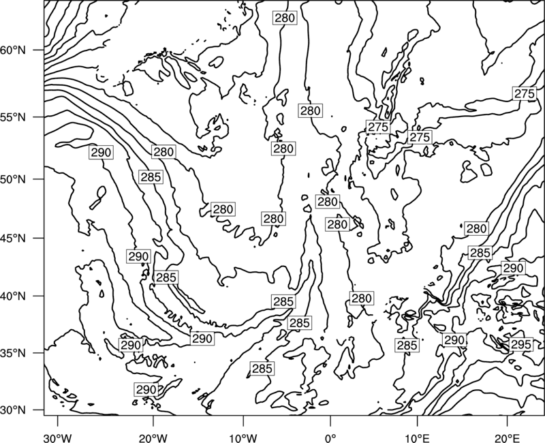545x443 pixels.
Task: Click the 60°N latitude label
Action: tap(13, 50)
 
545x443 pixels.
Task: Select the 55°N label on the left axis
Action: tap(13, 117)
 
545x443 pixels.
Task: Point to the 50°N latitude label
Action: tap(13, 179)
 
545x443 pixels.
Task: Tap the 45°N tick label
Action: tap(13, 238)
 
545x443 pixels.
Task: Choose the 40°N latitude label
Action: tap(13, 296)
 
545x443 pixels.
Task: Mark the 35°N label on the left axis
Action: tap(13, 353)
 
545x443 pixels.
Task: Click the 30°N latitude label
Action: tap(13, 410)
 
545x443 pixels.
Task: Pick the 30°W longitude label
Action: tap(58, 436)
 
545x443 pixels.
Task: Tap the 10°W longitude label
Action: tap(243, 436)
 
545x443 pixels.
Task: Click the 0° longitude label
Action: tap(330, 436)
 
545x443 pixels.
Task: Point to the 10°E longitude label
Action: tap(417, 436)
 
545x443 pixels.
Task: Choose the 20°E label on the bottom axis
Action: tap(507, 436)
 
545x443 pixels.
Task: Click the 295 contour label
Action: tap(521, 345)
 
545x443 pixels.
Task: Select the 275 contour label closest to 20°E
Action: tap(524, 94)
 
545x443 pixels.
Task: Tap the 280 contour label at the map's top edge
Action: tap(285, 18)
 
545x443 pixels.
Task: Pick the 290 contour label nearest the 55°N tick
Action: tap(101, 152)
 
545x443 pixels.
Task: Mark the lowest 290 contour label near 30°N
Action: tap(146, 390)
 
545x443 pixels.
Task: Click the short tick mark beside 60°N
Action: tap(39, 50)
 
